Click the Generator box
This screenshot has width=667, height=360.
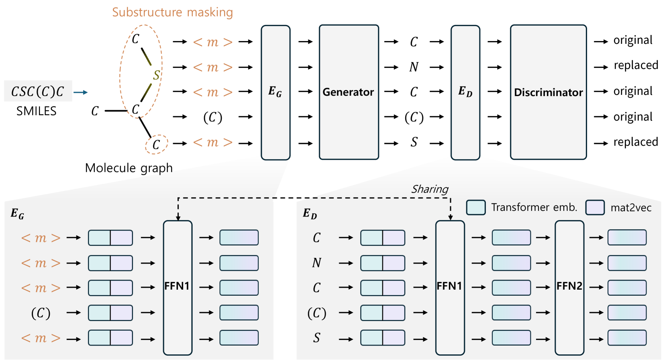349,92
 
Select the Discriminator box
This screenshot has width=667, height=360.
548,92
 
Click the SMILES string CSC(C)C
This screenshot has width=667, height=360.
38,91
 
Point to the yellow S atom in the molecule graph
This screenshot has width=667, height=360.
156,75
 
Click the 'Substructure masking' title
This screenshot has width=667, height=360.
172,12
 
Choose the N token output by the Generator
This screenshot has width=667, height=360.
414,67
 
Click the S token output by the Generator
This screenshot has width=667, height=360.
414,142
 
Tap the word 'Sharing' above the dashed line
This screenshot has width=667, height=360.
429,189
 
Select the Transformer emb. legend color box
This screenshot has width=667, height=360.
475,207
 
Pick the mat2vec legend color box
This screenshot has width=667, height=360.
595,207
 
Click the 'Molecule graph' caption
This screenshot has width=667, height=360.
129,168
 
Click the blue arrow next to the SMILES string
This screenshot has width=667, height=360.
80,92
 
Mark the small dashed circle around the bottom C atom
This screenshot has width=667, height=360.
156,145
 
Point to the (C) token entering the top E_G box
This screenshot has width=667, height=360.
212,117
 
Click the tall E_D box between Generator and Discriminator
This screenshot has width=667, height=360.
465,92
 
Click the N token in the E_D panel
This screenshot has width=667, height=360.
316,263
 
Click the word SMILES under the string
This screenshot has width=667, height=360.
36,111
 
